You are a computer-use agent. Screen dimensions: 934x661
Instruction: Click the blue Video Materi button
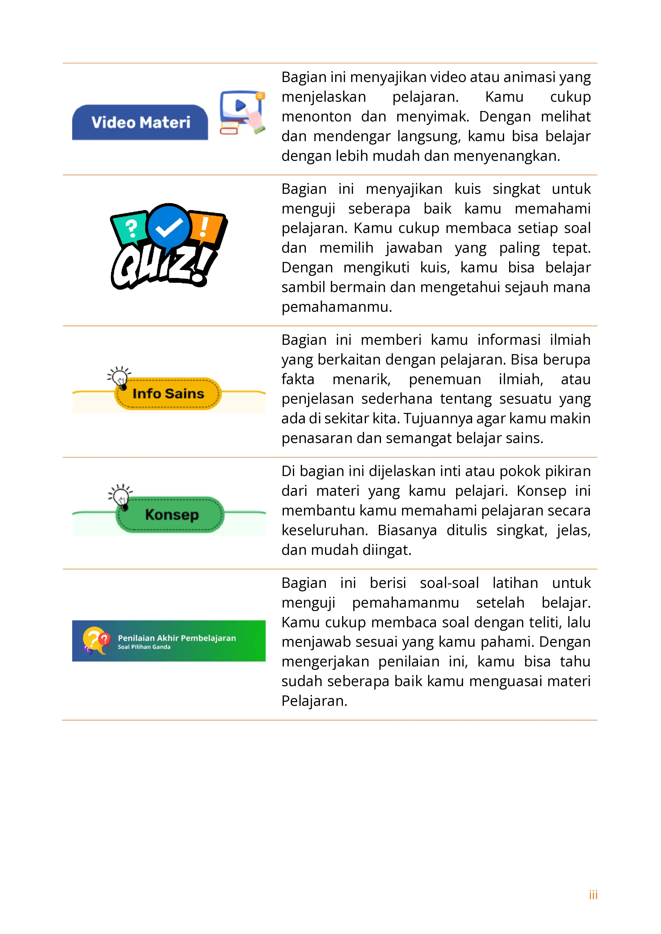click(x=140, y=122)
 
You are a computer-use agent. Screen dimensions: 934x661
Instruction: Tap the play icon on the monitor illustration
click(x=240, y=105)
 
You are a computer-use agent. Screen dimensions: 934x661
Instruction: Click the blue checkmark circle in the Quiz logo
click(x=168, y=227)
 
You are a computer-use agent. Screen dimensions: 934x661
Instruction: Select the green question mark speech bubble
click(x=130, y=228)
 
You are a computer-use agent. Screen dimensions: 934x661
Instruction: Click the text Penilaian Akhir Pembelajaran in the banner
click(x=177, y=638)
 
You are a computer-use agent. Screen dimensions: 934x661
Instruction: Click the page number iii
click(x=593, y=895)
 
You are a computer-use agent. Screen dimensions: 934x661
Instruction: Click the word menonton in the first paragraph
click(x=316, y=117)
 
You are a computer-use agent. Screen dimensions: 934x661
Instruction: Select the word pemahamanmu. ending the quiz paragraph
click(x=336, y=307)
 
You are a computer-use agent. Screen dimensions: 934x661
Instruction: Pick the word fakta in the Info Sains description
click(x=298, y=379)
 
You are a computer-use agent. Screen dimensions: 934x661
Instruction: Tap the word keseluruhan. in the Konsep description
click(x=325, y=530)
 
